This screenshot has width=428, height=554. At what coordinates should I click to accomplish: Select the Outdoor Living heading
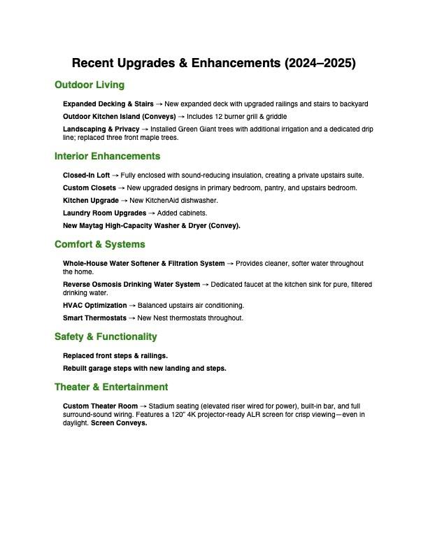pyautogui.click(x=90, y=85)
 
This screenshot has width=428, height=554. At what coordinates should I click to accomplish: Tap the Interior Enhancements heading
pyautogui.click(x=107, y=157)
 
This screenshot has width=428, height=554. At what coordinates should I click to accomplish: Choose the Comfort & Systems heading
pyautogui.click(x=100, y=245)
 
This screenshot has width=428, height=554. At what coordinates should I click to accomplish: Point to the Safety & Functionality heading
pyautogui.click(x=106, y=337)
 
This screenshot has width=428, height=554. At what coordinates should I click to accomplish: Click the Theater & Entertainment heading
pyautogui.click(x=111, y=388)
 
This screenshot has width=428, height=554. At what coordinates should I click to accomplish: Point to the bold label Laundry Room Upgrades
pyautogui.click(x=104, y=213)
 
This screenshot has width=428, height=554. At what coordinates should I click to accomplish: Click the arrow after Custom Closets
pyautogui.click(x=121, y=188)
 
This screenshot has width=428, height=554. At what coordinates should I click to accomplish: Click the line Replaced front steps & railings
pyautogui.click(x=115, y=356)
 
